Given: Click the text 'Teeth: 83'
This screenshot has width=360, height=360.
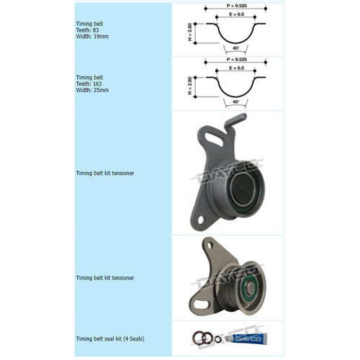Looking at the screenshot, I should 87,29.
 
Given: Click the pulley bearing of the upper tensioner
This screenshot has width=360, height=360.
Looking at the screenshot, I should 240,194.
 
